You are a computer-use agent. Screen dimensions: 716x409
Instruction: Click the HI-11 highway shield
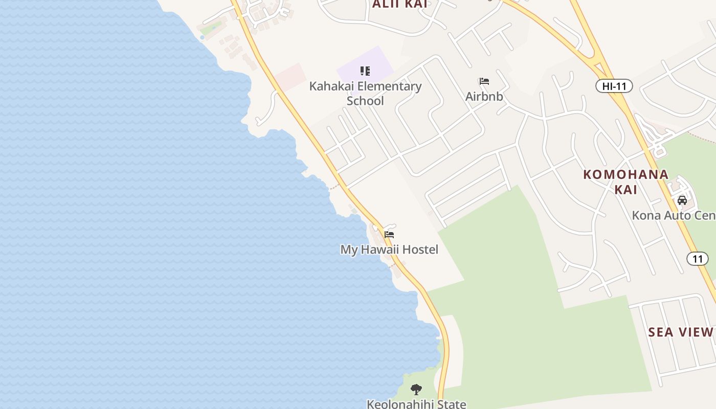(614, 86)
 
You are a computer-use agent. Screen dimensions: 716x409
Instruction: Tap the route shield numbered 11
(698, 259)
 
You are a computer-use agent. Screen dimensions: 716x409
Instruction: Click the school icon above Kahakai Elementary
(365, 71)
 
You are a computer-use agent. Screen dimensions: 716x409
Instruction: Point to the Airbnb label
(484, 96)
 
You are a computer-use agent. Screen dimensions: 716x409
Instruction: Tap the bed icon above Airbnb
(484, 81)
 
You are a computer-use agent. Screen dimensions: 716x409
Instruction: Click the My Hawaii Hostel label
(389, 249)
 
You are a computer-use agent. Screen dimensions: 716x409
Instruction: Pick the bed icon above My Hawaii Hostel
(389, 235)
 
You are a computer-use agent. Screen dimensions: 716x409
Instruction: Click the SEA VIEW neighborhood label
(680, 332)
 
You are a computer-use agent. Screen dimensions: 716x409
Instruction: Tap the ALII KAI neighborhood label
(399, 5)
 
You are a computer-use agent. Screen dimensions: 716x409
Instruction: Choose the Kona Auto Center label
(673, 215)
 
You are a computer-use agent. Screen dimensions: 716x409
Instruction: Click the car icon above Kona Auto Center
(682, 200)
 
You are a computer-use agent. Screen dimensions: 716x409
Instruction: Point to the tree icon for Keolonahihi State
(416, 390)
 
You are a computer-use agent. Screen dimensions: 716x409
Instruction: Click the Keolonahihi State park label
(416, 404)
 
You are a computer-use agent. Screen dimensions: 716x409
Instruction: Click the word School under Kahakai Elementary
(365, 101)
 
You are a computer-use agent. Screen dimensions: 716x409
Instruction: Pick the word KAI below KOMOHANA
(625, 190)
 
